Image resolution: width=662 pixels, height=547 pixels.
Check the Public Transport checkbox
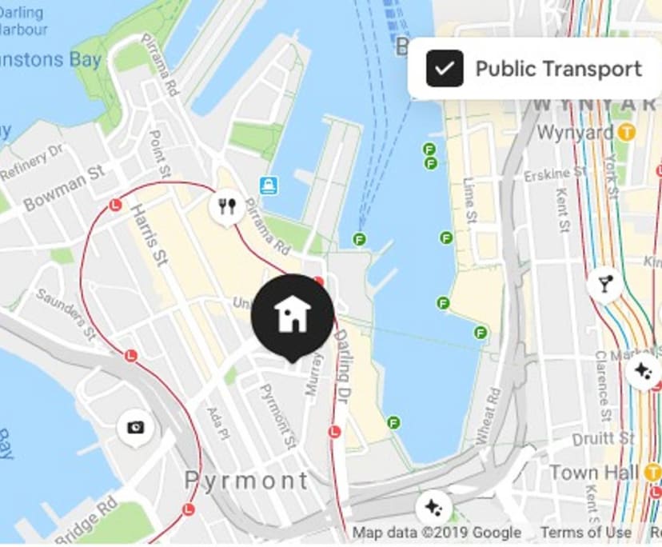(x=445, y=68)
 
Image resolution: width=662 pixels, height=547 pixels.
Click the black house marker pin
(x=292, y=314)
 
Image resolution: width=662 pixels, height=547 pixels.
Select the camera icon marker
(x=135, y=427)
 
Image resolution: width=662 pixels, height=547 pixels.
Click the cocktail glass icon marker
(x=605, y=283)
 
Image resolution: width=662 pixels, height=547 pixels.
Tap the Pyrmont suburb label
(x=246, y=480)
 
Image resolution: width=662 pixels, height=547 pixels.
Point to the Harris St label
(x=152, y=235)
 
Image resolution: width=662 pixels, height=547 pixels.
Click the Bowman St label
(x=64, y=187)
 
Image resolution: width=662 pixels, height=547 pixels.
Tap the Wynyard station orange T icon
(x=628, y=132)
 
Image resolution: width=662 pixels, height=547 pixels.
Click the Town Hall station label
(x=594, y=472)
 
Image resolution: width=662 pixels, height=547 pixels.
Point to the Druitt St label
(x=603, y=439)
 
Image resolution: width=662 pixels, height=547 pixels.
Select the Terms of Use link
(x=586, y=533)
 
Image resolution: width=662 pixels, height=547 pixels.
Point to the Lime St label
(x=470, y=199)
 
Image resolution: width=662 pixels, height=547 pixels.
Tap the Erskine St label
(x=548, y=174)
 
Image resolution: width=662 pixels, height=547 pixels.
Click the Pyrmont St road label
(x=278, y=415)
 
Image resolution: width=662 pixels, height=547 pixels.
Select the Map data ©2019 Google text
(x=437, y=533)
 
